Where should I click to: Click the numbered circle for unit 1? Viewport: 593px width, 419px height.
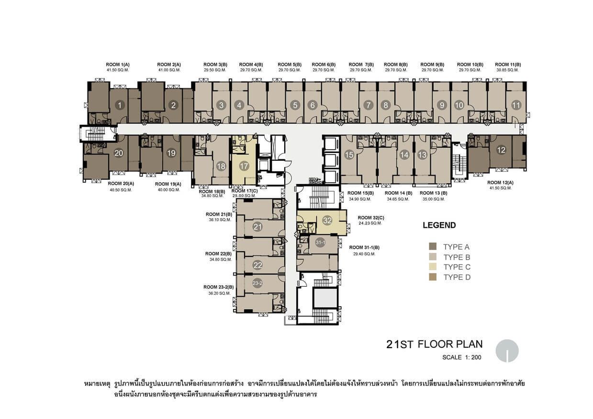[x=120, y=105]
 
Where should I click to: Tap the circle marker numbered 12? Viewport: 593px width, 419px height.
[x=501, y=150]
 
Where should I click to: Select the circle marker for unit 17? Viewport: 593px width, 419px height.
[x=244, y=166]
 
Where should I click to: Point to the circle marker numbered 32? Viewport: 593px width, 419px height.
[x=327, y=221]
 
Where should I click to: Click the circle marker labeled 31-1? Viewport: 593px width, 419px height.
[x=320, y=243]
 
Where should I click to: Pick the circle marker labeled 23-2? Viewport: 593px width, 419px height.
[x=257, y=283]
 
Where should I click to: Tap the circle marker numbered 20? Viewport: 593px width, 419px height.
[x=119, y=153]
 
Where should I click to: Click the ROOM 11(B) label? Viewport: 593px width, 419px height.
[x=508, y=65]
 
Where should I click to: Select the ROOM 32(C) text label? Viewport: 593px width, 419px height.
[x=371, y=218]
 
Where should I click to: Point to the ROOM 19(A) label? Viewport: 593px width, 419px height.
[x=168, y=184]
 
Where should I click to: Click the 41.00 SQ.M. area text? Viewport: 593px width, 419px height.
[x=169, y=70]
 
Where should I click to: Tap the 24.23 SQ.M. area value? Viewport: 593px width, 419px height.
[x=370, y=223]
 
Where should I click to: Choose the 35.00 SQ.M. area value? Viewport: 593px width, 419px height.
[x=434, y=199]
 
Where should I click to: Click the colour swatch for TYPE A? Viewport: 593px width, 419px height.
[x=433, y=246]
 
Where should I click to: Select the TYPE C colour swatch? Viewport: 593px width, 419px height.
[x=433, y=266]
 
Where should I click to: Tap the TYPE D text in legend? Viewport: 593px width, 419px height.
[x=457, y=277]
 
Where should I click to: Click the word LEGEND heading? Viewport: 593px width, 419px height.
[x=439, y=225]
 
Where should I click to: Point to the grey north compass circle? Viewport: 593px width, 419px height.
[x=507, y=351]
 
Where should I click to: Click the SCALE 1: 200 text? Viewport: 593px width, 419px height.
[x=462, y=357]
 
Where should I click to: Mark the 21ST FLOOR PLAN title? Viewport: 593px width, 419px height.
[x=435, y=344]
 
